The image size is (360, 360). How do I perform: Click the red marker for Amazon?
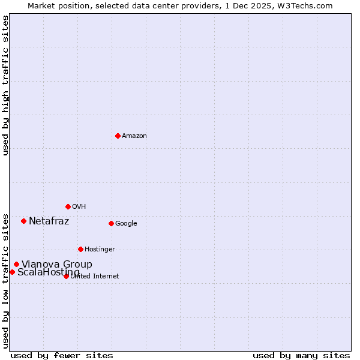click(118, 136)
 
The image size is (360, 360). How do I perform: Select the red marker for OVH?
click(68, 206)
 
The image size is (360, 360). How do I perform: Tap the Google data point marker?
click(111, 223)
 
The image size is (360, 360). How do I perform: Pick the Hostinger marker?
click(80, 249)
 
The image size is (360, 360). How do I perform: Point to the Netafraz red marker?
click(23, 221)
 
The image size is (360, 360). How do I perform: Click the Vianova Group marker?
click(16, 264)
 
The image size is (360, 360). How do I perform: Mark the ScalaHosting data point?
click(12, 272)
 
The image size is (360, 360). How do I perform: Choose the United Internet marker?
click(66, 276)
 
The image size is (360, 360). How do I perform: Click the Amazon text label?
click(134, 136)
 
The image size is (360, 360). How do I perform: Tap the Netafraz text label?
click(49, 221)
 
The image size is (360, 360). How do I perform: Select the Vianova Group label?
click(57, 265)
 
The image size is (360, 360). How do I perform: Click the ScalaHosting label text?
click(48, 272)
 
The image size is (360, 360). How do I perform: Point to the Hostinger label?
click(100, 250)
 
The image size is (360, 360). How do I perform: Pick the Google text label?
click(126, 224)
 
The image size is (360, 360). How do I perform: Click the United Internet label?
click(95, 277)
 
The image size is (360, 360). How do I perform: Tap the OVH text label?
click(79, 207)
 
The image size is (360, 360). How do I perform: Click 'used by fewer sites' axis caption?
click(62, 355)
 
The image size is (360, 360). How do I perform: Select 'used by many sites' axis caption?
click(301, 355)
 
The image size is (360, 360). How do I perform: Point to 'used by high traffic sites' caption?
click(5, 85)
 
